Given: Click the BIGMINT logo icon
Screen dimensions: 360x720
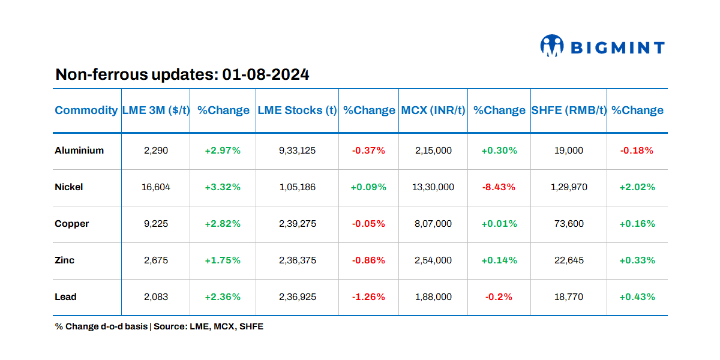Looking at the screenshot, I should tap(552, 46).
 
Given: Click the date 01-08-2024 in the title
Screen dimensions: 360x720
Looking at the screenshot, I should tap(266, 75).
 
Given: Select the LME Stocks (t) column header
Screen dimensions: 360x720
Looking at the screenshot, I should tap(297, 110).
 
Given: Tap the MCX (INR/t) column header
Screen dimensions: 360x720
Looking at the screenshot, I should tap(433, 110).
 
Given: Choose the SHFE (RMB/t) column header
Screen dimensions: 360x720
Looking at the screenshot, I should tap(569, 110).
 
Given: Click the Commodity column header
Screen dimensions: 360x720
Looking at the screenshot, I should tap(86, 110).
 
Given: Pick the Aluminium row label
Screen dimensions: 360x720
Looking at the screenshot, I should tap(79, 151).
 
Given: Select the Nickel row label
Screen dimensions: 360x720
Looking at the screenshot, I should tap(69, 187).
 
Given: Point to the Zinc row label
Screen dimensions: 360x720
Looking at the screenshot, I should tap(65, 260).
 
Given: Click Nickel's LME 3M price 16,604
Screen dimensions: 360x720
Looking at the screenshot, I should tap(156, 187).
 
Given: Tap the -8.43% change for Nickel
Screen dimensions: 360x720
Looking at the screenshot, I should tap(499, 187).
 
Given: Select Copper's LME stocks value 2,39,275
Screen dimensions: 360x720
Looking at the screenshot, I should tap(297, 224).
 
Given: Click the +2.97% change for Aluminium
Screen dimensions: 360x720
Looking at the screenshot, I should tap(223, 151).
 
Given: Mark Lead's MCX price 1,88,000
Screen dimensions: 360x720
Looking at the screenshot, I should tap(433, 297).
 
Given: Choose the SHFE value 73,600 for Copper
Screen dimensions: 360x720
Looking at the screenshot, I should tap(568, 224).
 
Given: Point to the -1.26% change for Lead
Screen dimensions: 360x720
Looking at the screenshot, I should tap(368, 297).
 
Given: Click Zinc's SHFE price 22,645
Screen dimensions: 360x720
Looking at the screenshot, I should tap(568, 260).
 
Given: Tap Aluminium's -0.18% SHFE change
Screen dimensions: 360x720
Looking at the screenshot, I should tap(637, 151).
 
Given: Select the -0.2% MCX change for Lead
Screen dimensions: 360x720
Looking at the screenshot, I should tap(499, 297).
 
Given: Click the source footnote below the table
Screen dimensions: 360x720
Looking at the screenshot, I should tap(159, 327).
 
